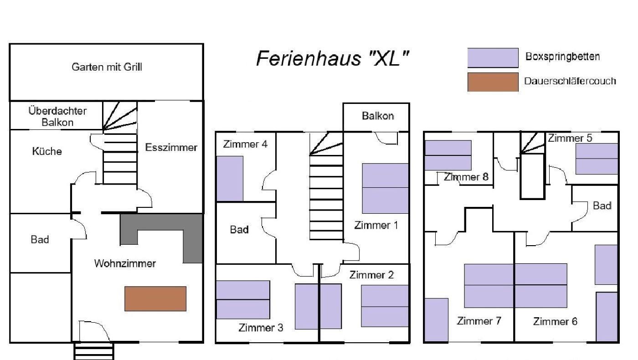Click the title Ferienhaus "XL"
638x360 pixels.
pyautogui.click(x=332, y=59)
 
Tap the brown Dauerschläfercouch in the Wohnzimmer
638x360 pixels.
pyautogui.click(x=155, y=298)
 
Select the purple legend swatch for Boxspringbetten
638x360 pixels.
pyautogui.click(x=493, y=58)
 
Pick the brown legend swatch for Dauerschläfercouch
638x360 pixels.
pyautogui.click(x=493, y=82)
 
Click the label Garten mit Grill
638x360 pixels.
pyautogui.click(x=107, y=67)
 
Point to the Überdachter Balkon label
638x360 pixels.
pyautogui.click(x=57, y=116)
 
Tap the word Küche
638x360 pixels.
pyautogui.click(x=47, y=151)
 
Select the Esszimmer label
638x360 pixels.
pyautogui.click(x=171, y=147)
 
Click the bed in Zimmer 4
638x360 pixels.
pyautogui.click(x=229, y=179)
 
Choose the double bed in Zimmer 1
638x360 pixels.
pyautogui.click(x=385, y=188)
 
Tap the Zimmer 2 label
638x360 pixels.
pyautogui.click(x=371, y=275)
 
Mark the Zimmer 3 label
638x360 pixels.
pyautogui.click(x=261, y=328)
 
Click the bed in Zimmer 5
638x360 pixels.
pyautogui.click(x=597, y=159)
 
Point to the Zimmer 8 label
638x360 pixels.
pyautogui.click(x=466, y=177)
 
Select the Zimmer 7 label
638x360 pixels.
pyautogui.click(x=479, y=321)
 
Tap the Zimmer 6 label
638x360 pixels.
pyautogui.click(x=555, y=322)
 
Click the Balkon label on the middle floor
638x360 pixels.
pyautogui.click(x=378, y=116)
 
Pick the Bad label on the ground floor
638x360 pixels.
pyautogui.click(x=40, y=240)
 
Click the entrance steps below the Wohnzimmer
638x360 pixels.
pyautogui.click(x=93, y=351)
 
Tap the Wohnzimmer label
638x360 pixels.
pyautogui.click(x=125, y=263)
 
